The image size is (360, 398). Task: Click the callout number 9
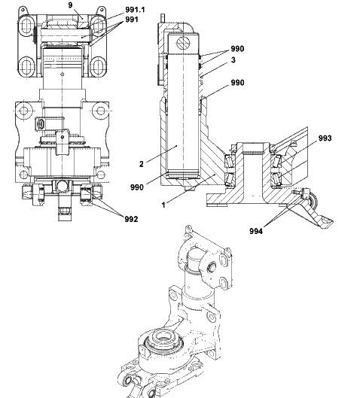click(x=70, y=5)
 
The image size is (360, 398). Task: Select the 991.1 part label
click(x=135, y=10)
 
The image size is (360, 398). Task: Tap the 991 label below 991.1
click(x=132, y=20)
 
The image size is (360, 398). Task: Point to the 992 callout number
click(x=131, y=219)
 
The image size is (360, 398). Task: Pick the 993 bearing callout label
click(x=325, y=138)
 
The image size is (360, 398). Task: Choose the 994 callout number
click(x=256, y=231)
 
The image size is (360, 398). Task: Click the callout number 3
click(x=233, y=60)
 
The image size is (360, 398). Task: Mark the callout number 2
click(x=142, y=164)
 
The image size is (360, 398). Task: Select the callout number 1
click(x=163, y=205)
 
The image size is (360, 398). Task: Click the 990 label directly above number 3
click(x=237, y=49)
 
